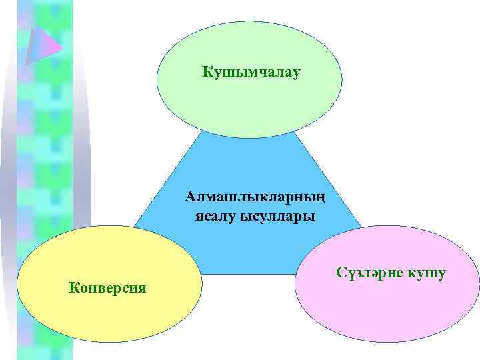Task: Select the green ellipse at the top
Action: (249, 100)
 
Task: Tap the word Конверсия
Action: (108, 287)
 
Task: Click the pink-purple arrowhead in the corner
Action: (42, 43)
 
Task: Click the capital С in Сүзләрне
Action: (341, 273)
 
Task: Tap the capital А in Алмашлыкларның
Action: (191, 197)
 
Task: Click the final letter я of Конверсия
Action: (143, 288)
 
